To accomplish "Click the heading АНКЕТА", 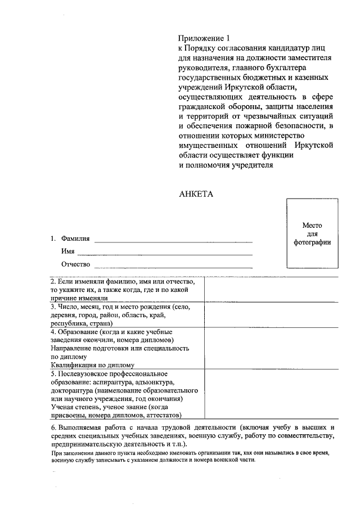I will click(x=196, y=193).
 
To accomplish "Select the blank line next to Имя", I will click(x=164, y=252).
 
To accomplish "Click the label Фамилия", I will click(x=75, y=239).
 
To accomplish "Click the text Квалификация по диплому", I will click(x=92, y=364).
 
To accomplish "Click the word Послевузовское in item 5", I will click(x=83, y=373).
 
